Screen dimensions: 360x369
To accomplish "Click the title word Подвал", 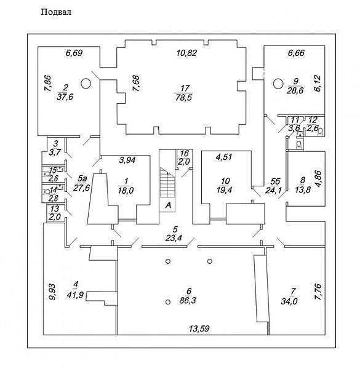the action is [56, 12].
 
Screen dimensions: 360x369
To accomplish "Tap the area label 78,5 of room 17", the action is [183, 97].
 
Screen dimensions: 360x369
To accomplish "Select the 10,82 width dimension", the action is [186, 53].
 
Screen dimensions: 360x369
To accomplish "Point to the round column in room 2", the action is [86, 83].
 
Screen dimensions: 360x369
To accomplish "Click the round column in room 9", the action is [278, 83].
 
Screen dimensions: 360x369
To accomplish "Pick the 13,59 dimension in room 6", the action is [199, 328].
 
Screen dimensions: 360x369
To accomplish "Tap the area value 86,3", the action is [188, 300].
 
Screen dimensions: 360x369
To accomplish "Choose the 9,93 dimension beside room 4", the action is [52, 292].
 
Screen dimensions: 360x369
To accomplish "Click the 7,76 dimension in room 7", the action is [318, 292].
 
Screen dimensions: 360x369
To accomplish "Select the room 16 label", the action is [185, 153].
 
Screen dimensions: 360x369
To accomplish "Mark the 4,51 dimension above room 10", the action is [224, 157].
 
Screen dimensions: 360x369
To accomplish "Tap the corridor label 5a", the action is [82, 180].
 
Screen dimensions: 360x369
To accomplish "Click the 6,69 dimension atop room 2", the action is [74, 53].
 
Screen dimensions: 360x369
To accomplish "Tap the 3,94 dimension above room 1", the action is [127, 161].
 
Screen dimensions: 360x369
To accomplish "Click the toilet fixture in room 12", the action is [321, 132].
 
